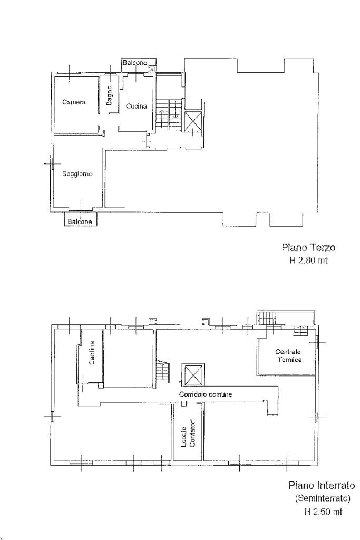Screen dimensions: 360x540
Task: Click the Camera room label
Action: (74, 102)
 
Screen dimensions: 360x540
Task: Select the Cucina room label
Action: (137, 106)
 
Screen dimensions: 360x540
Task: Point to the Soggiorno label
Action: (77, 174)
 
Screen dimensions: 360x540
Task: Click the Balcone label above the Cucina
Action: (135, 63)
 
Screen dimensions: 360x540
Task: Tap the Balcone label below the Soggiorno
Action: (80, 222)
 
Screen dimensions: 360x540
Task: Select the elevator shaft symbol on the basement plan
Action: (193, 374)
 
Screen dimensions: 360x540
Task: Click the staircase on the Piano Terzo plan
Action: (168, 115)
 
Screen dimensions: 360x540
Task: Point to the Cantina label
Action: (92, 353)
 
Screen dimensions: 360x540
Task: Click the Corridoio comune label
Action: (206, 394)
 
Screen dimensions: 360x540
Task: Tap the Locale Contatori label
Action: (188, 433)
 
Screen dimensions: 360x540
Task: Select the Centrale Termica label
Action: (288, 355)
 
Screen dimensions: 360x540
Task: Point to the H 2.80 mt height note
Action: (308, 261)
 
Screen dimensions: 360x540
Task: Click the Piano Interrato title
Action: (322, 486)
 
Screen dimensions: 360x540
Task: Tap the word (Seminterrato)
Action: (323, 498)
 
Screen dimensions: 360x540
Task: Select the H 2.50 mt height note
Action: (323, 512)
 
